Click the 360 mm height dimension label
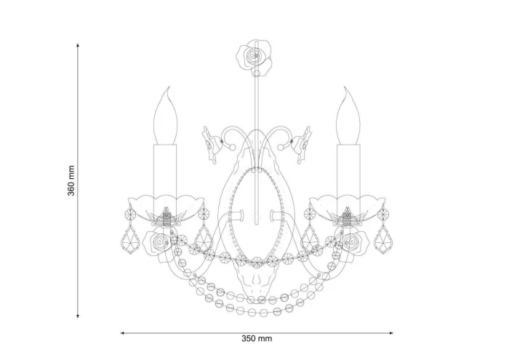(x=71, y=181)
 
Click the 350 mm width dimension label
(x=257, y=339)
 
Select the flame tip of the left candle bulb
(x=168, y=88)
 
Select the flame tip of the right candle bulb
(x=345, y=88)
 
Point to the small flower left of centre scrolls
(x=211, y=145)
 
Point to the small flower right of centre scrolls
(x=302, y=145)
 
